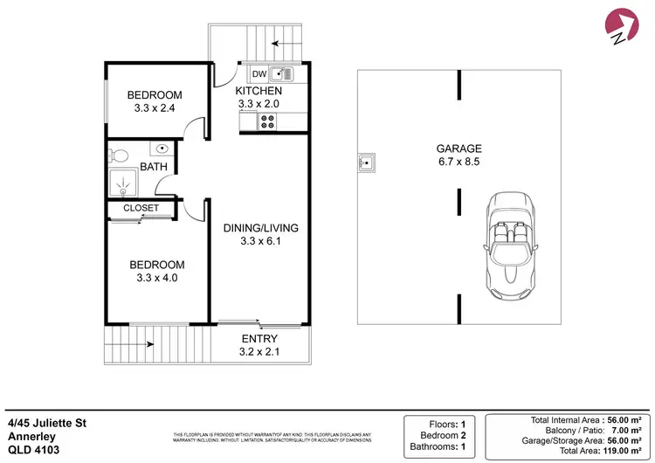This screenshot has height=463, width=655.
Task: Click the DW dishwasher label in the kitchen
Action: coord(259,74)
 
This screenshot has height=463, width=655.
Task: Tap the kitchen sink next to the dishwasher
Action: coord(281,74)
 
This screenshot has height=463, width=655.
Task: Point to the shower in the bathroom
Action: coord(124,183)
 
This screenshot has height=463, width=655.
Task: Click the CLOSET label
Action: coord(141,208)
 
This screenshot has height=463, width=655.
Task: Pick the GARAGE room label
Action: coord(458,149)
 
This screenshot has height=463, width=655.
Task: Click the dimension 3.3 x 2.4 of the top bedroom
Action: coord(154,110)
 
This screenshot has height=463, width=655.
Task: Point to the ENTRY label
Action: coord(259,339)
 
